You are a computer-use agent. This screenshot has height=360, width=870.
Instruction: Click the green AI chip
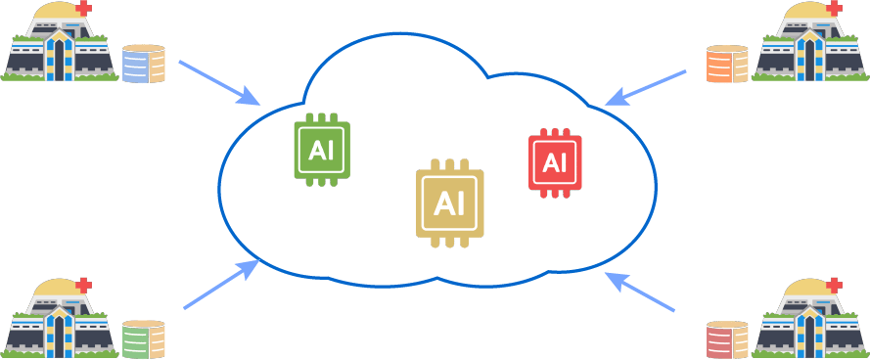click(x=322, y=150)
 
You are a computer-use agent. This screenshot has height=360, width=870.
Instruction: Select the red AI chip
click(x=555, y=163)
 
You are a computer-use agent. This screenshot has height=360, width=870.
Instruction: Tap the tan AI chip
click(x=449, y=203)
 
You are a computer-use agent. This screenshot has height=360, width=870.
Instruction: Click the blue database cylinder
click(x=144, y=64)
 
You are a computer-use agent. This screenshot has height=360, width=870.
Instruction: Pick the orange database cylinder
click(x=727, y=65)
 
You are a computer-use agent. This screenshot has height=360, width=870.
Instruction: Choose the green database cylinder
click(x=144, y=338)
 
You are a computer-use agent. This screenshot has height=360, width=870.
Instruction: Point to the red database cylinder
click(x=727, y=338)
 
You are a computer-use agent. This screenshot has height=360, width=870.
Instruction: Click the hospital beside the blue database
click(x=60, y=42)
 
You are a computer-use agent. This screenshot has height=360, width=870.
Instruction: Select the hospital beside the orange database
click(x=810, y=42)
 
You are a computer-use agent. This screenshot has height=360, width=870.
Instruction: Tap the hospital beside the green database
click(x=60, y=317)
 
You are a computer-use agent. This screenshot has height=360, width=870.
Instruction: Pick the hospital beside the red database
click(x=810, y=317)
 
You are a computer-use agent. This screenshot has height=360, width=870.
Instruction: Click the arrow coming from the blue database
click(x=220, y=82)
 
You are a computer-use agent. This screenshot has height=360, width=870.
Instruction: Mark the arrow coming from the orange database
click(x=645, y=88)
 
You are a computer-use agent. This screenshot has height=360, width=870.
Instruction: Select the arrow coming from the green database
click(x=222, y=284)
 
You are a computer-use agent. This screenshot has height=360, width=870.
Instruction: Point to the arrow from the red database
click(x=640, y=292)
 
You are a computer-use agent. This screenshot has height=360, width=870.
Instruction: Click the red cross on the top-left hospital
click(x=84, y=8)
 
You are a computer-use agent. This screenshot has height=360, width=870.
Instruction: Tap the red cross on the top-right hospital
click(x=834, y=8)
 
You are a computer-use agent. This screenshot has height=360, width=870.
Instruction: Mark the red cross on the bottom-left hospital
click(x=84, y=285)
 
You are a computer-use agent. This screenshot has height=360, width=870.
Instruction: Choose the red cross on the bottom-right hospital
click(x=834, y=285)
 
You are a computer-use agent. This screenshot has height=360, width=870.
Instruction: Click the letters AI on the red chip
click(x=555, y=162)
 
